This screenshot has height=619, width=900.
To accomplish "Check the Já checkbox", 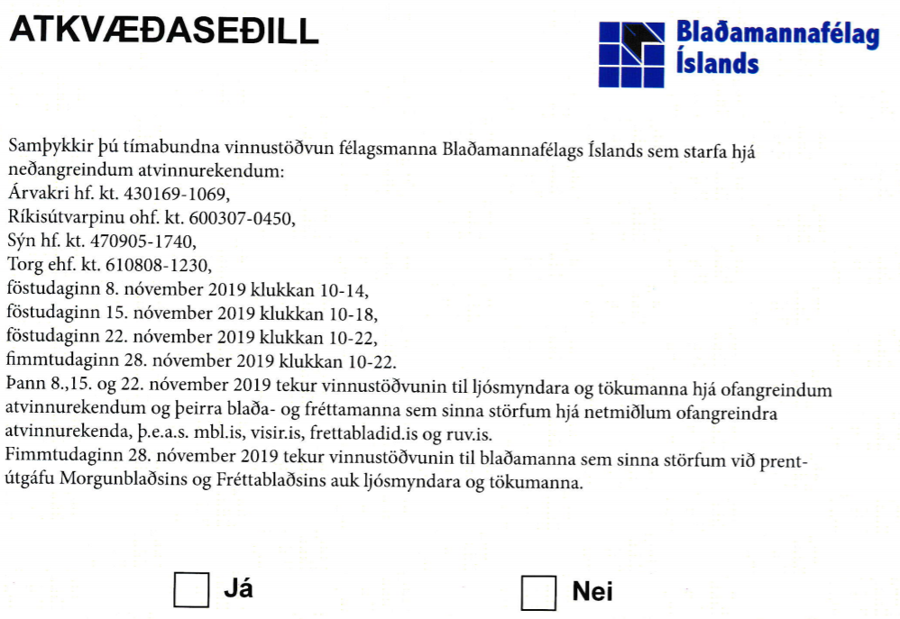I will click(x=191, y=591).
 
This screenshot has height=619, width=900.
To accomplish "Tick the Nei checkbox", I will click(x=538, y=592).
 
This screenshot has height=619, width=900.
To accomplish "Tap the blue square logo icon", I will click(x=631, y=53).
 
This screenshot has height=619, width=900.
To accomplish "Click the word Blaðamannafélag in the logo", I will click(x=776, y=37).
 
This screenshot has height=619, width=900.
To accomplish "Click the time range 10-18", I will click(x=353, y=314).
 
